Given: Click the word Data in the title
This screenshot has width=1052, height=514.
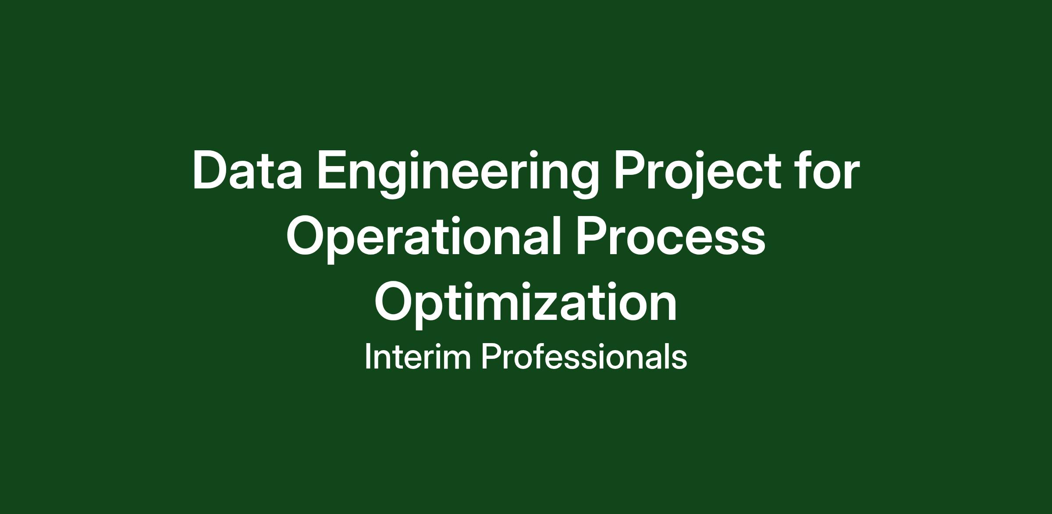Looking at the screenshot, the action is (247, 170).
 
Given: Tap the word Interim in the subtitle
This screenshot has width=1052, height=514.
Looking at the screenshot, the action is (418, 357).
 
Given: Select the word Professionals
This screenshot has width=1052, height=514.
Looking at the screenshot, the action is (584, 356).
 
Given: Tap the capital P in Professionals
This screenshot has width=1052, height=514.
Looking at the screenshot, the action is (491, 357).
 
